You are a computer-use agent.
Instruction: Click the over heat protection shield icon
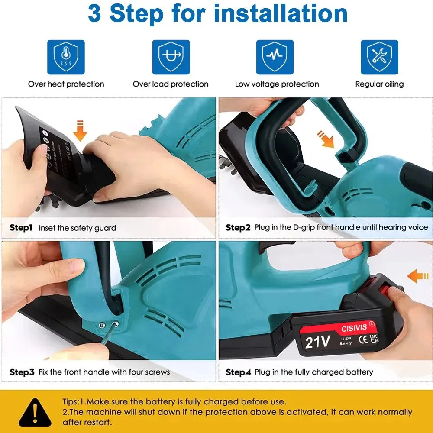[66, 58]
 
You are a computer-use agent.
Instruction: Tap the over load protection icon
[171, 58]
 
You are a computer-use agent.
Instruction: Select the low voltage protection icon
[275, 58]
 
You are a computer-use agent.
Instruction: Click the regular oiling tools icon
[379, 58]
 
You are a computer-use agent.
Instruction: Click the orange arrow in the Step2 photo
[326, 138]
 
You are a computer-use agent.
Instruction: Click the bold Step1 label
[21, 227]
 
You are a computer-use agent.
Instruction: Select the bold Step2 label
[238, 227]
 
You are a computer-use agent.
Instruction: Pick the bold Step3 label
[22, 372]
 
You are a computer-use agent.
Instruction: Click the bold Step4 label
[238, 372]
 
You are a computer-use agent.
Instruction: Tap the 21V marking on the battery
[317, 342]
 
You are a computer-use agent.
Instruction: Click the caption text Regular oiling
[379, 84]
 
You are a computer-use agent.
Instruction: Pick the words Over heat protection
[66, 84]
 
